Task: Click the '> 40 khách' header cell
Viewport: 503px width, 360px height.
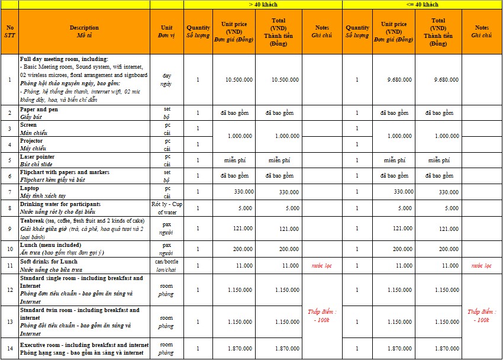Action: (x=263, y=5)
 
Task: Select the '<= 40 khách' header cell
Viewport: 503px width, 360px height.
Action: (x=422, y=5)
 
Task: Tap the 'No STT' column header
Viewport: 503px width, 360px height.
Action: (x=9, y=31)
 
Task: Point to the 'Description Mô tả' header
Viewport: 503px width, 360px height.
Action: (x=84, y=31)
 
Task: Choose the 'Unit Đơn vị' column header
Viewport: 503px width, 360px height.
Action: (x=166, y=31)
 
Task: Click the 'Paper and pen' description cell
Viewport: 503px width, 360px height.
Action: (x=84, y=113)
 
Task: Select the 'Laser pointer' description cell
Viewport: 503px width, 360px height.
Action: (x=84, y=160)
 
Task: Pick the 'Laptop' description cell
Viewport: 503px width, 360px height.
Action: (x=84, y=192)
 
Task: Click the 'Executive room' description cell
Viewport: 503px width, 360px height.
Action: (x=84, y=349)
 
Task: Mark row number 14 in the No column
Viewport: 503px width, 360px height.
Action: (x=9, y=349)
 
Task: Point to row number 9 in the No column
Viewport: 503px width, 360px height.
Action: (x=9, y=229)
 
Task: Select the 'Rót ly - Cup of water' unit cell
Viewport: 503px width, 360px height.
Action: (x=166, y=208)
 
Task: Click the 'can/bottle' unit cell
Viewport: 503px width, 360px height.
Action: (x=166, y=265)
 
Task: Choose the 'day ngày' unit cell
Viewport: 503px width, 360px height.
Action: (x=166, y=80)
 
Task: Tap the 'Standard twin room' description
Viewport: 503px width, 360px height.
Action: (x=84, y=322)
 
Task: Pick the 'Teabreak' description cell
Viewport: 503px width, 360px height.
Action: (x=84, y=229)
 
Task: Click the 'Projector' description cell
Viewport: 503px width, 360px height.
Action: (x=84, y=144)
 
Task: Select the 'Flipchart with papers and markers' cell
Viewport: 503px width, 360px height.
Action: (x=84, y=176)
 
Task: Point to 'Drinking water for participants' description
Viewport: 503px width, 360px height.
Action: (x=84, y=208)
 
